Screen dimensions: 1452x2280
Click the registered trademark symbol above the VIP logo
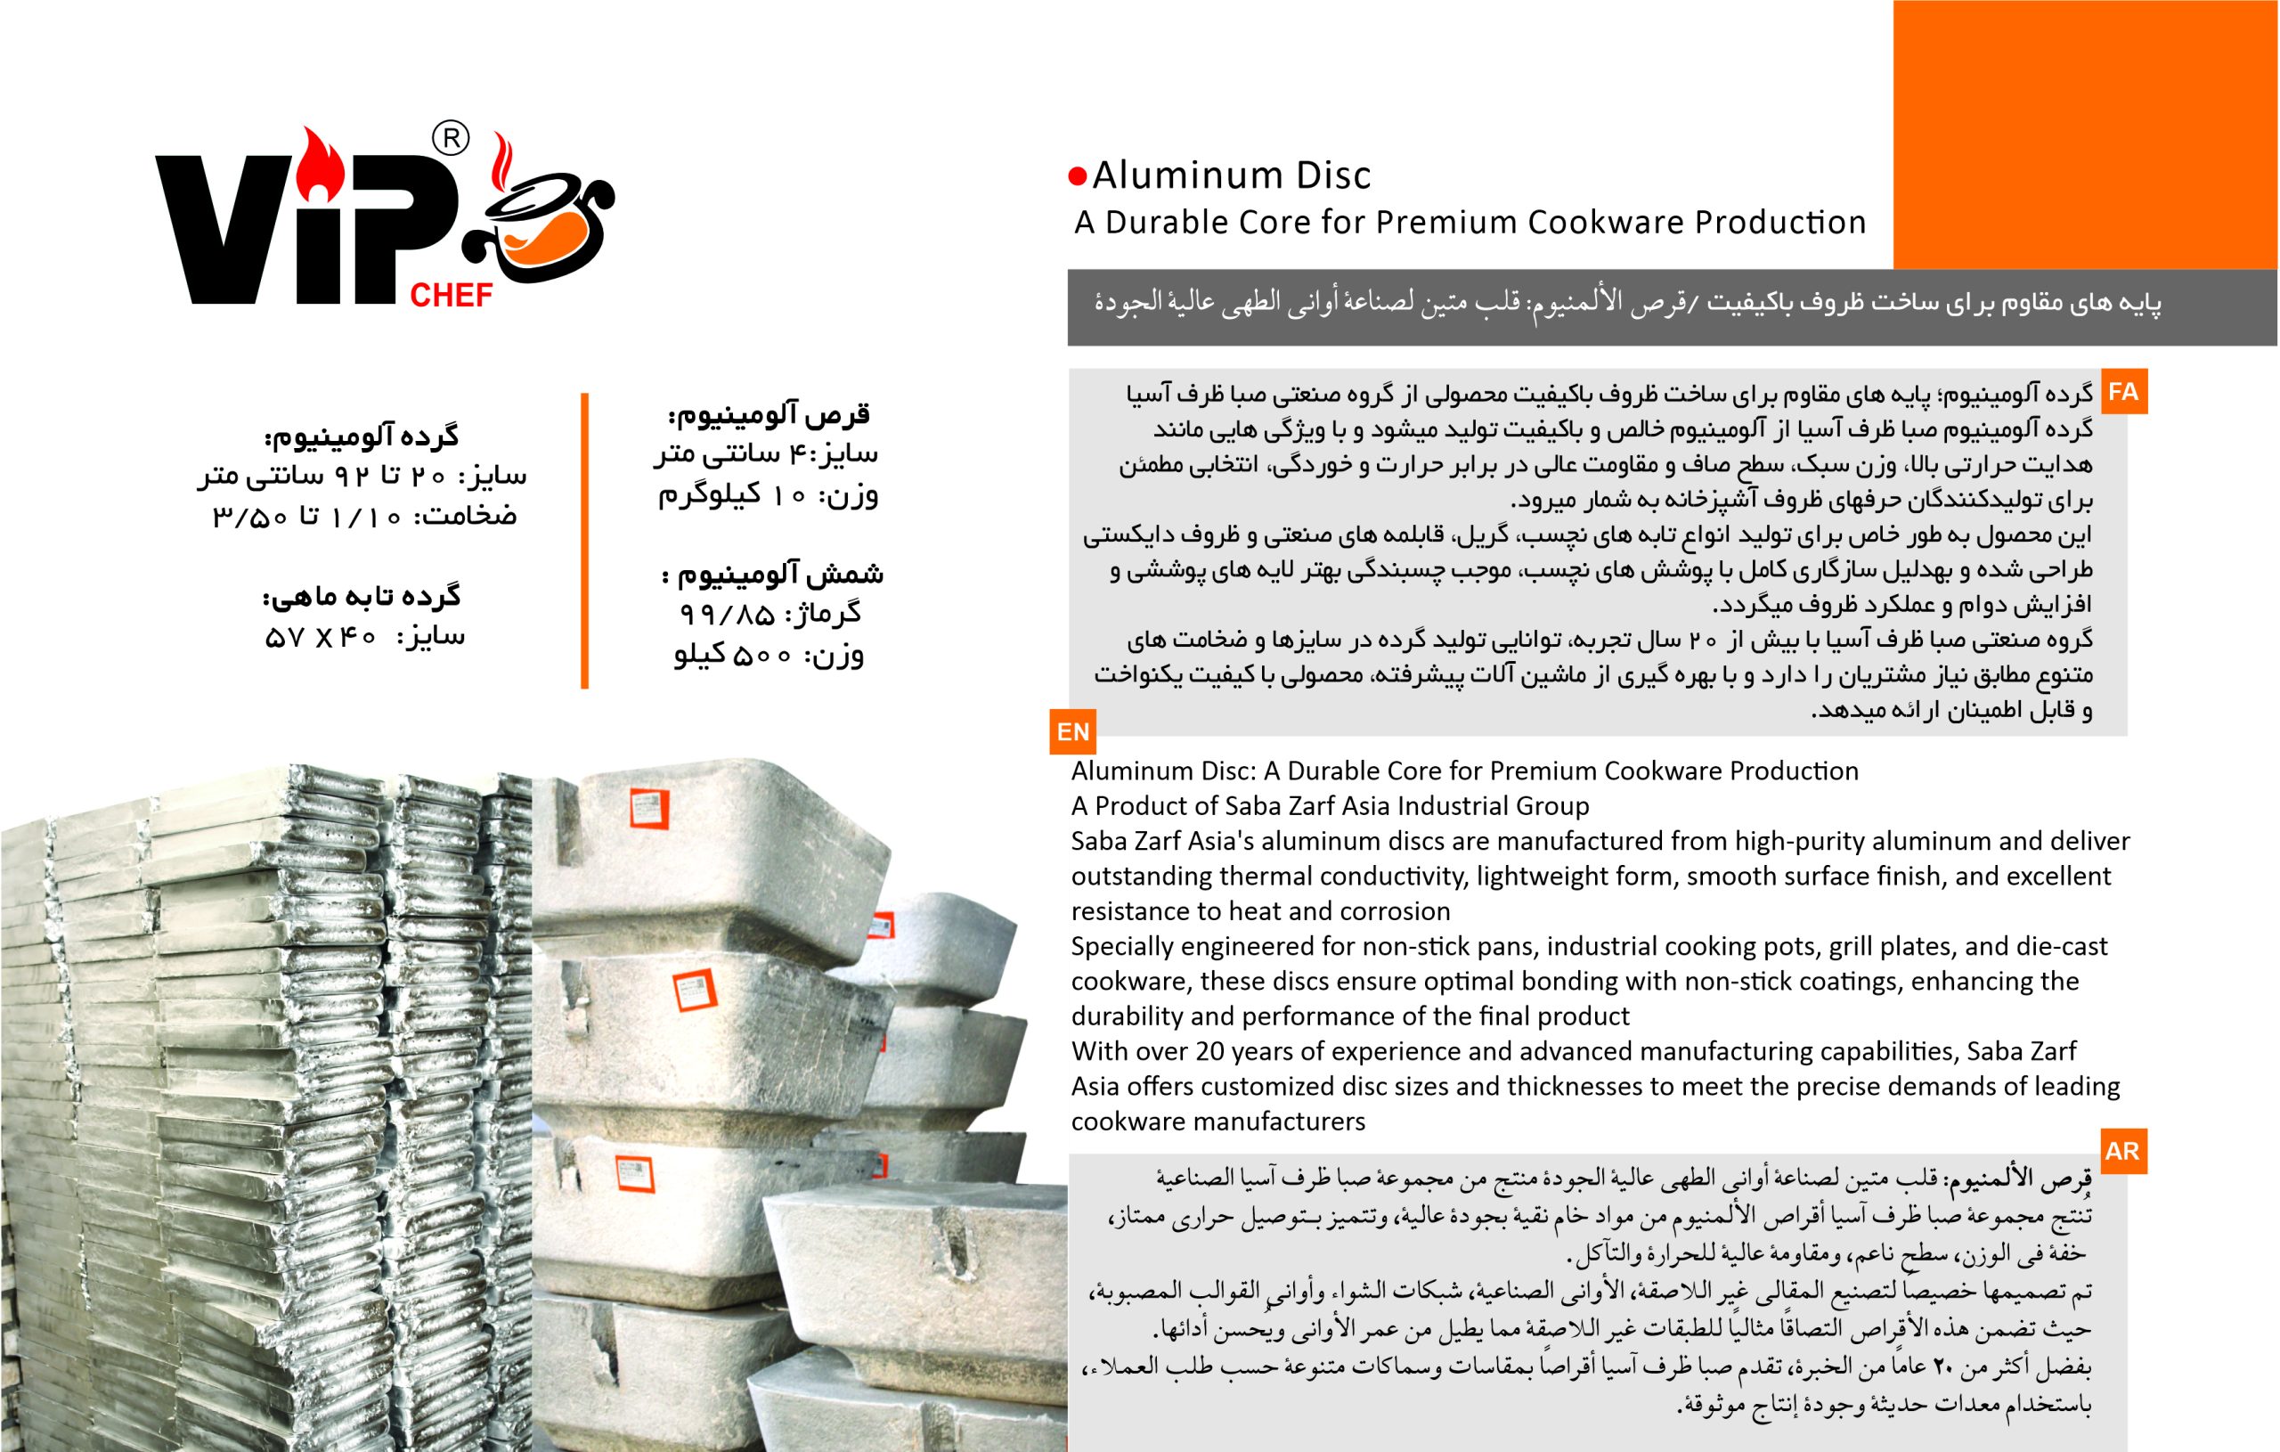[451, 138]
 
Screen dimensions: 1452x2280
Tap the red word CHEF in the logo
[451, 296]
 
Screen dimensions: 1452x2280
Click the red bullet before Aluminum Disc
[1078, 176]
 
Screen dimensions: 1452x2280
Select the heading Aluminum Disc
[1231, 176]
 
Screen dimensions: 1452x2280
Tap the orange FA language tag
[2123, 392]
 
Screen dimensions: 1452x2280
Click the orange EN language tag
[1073, 732]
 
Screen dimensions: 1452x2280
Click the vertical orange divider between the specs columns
[585, 540]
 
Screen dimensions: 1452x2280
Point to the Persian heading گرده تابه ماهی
[362, 597]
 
